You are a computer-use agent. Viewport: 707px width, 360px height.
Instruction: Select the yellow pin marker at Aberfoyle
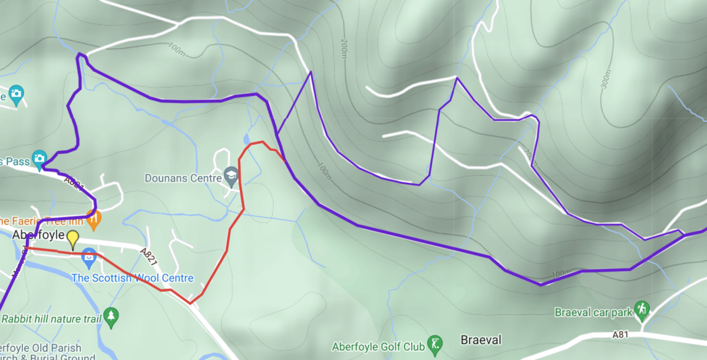coord(72,239)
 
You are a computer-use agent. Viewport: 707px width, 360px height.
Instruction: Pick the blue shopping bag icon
coord(89,257)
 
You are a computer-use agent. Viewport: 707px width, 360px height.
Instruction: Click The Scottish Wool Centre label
coord(132,278)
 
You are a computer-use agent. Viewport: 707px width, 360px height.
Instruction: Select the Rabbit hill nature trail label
coord(52,319)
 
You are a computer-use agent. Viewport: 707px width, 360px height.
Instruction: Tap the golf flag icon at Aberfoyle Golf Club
coord(435,344)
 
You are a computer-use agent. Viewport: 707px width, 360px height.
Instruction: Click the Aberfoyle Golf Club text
coord(378,346)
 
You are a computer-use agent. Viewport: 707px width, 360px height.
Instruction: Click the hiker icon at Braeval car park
coord(642,309)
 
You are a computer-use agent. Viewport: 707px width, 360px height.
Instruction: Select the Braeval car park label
coord(593,312)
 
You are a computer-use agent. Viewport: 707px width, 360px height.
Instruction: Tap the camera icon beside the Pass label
coord(39,158)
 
